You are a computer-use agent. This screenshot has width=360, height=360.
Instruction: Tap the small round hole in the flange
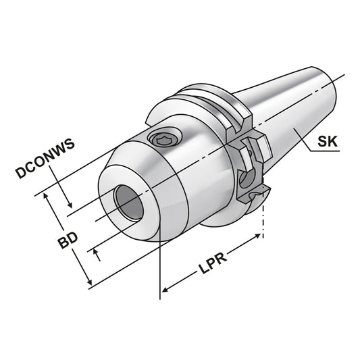[x=245, y=178]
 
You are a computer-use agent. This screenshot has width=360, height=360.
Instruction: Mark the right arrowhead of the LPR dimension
[x=259, y=236]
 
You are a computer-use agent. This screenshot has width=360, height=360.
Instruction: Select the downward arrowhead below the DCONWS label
[x=70, y=205]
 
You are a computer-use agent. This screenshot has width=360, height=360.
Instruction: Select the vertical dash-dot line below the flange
[x=263, y=220]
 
